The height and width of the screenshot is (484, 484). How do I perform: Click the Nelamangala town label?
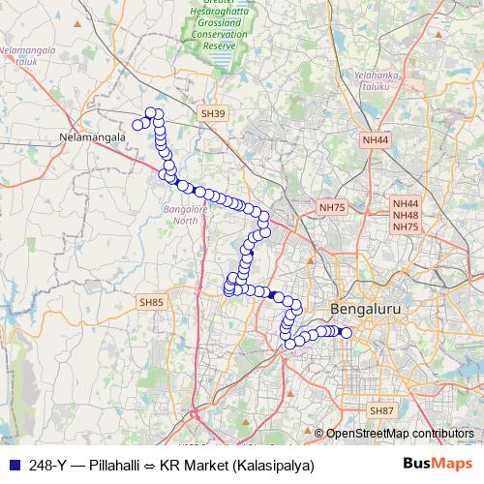tap(92, 137)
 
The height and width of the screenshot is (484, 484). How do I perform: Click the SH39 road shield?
tap(212, 114)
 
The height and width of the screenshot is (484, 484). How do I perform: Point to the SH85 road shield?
tap(152, 303)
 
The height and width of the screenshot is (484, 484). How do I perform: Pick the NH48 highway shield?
tap(405, 215)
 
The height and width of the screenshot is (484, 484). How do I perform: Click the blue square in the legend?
tap(13, 465)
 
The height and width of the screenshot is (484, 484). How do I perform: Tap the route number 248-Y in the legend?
tap(46, 465)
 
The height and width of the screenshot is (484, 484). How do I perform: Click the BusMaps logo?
tap(439, 464)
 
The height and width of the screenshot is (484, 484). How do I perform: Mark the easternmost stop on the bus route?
tap(347, 333)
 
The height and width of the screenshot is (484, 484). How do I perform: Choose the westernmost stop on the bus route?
tap(137, 124)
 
